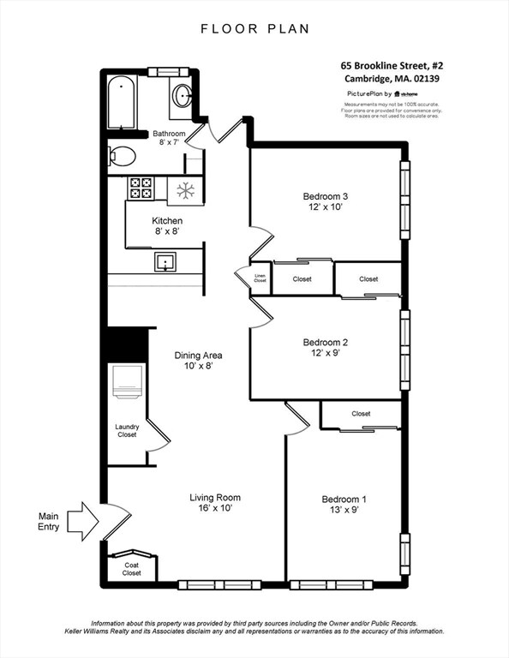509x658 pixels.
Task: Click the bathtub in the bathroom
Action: (124, 103)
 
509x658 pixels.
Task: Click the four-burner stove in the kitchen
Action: (141, 188)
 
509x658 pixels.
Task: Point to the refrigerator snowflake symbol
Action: (183, 190)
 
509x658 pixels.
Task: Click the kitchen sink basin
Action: (162, 261)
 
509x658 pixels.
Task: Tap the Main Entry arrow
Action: (83, 517)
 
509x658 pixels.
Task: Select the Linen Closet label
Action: (260, 278)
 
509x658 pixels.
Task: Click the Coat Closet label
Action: (132, 569)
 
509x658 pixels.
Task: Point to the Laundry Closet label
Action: (126, 430)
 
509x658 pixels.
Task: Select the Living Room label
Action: (215, 497)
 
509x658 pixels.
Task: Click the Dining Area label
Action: (199, 355)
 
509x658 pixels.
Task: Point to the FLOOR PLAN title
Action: (254, 28)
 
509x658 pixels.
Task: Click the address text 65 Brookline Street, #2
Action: (391, 64)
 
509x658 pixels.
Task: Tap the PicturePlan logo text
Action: (368, 93)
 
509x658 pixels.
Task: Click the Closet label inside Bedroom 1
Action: (361, 414)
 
